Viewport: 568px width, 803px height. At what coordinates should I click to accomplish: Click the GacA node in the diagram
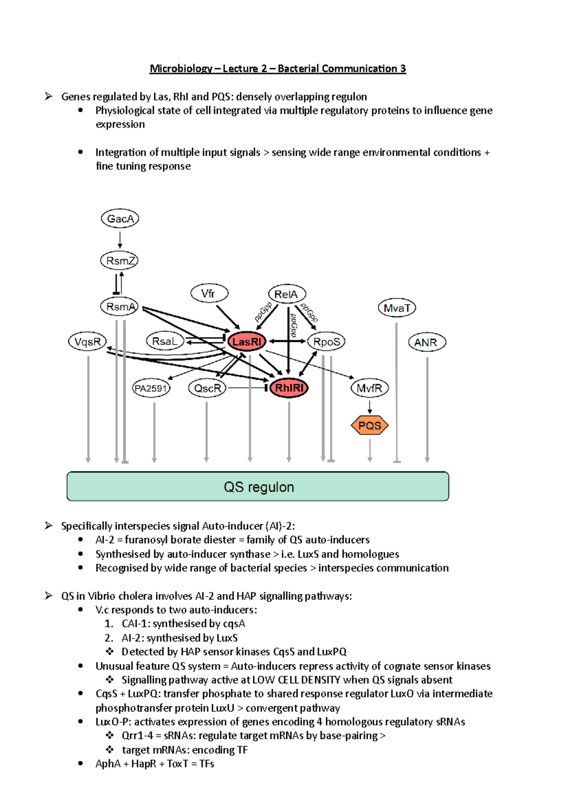(x=120, y=218)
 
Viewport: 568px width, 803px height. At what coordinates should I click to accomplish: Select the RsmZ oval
(x=119, y=261)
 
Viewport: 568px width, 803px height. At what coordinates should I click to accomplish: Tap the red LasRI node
(x=247, y=341)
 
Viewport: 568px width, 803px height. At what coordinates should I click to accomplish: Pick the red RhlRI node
(x=289, y=388)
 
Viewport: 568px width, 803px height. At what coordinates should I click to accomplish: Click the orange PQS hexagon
(x=370, y=426)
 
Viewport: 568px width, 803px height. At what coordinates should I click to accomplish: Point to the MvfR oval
(x=370, y=388)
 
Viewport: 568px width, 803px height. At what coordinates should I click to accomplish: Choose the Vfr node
(x=209, y=294)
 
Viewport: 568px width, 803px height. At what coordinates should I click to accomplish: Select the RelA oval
(x=287, y=294)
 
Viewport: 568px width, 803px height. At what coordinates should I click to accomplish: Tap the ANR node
(x=427, y=342)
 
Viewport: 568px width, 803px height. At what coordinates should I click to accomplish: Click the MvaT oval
(x=397, y=308)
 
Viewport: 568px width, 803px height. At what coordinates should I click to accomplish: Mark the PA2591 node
(x=151, y=388)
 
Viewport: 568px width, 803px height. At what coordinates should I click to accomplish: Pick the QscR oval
(x=207, y=388)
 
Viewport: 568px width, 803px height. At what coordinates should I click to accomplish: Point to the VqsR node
(x=88, y=341)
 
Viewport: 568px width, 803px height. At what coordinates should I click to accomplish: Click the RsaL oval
(x=165, y=341)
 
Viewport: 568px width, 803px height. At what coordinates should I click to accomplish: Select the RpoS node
(x=326, y=341)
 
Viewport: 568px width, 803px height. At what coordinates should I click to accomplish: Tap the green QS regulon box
(x=257, y=487)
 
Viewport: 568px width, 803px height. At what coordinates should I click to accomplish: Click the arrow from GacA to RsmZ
(x=120, y=240)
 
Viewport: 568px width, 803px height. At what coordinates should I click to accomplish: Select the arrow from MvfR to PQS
(x=370, y=407)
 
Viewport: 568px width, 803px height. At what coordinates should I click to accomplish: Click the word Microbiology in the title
(x=181, y=69)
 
